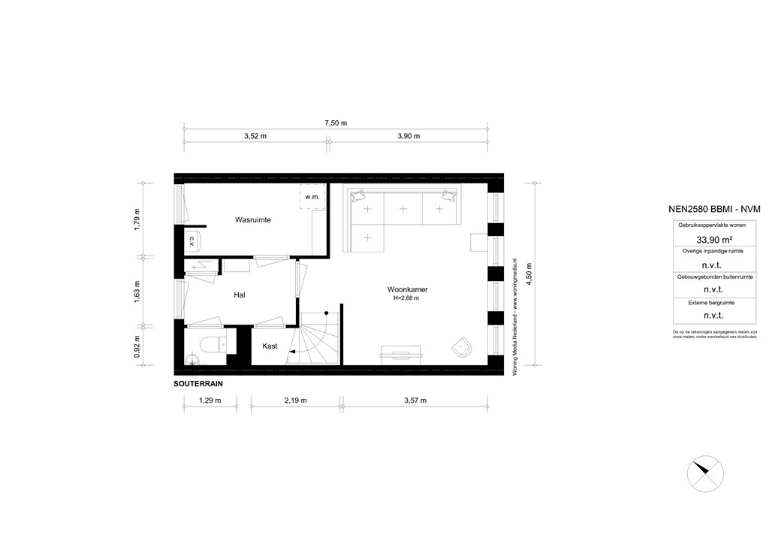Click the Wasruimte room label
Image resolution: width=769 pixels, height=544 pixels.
[252, 220]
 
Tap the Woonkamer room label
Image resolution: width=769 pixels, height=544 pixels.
[408, 289]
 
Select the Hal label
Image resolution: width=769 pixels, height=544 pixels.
[240, 295]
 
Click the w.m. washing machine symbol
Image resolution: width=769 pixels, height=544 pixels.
[312, 197]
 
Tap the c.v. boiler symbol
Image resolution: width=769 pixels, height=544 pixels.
[192, 241]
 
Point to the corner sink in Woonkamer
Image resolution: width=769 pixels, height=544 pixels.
[463, 348]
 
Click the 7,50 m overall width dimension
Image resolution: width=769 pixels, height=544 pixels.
[335, 123]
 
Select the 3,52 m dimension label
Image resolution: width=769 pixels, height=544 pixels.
[255, 137]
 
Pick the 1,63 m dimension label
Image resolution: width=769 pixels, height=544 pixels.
[137, 290]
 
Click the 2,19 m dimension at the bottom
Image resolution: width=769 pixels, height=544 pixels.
[295, 400]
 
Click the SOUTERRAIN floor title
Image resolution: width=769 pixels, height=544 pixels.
[198, 383]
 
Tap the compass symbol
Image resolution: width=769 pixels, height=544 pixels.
[705, 471]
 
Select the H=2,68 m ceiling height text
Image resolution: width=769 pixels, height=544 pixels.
[406, 298]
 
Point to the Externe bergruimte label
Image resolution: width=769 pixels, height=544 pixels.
[707, 302]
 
